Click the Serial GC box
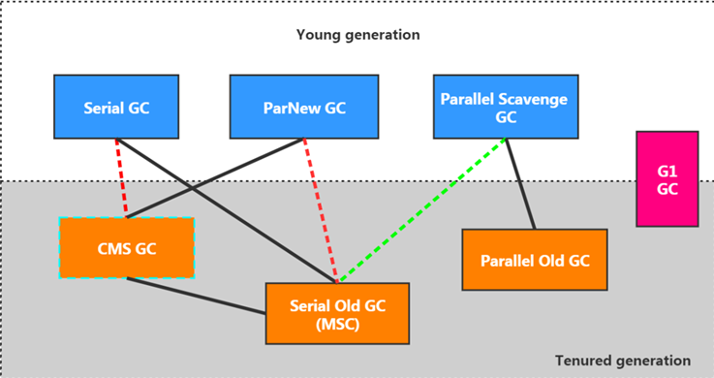click(116, 108)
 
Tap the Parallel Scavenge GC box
click(505, 108)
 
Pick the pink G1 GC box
click(667, 178)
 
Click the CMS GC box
click(127, 247)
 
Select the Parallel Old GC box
click(535, 260)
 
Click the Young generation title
click(357, 35)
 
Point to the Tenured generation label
click(623, 360)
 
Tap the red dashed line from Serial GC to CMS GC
click(121, 176)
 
